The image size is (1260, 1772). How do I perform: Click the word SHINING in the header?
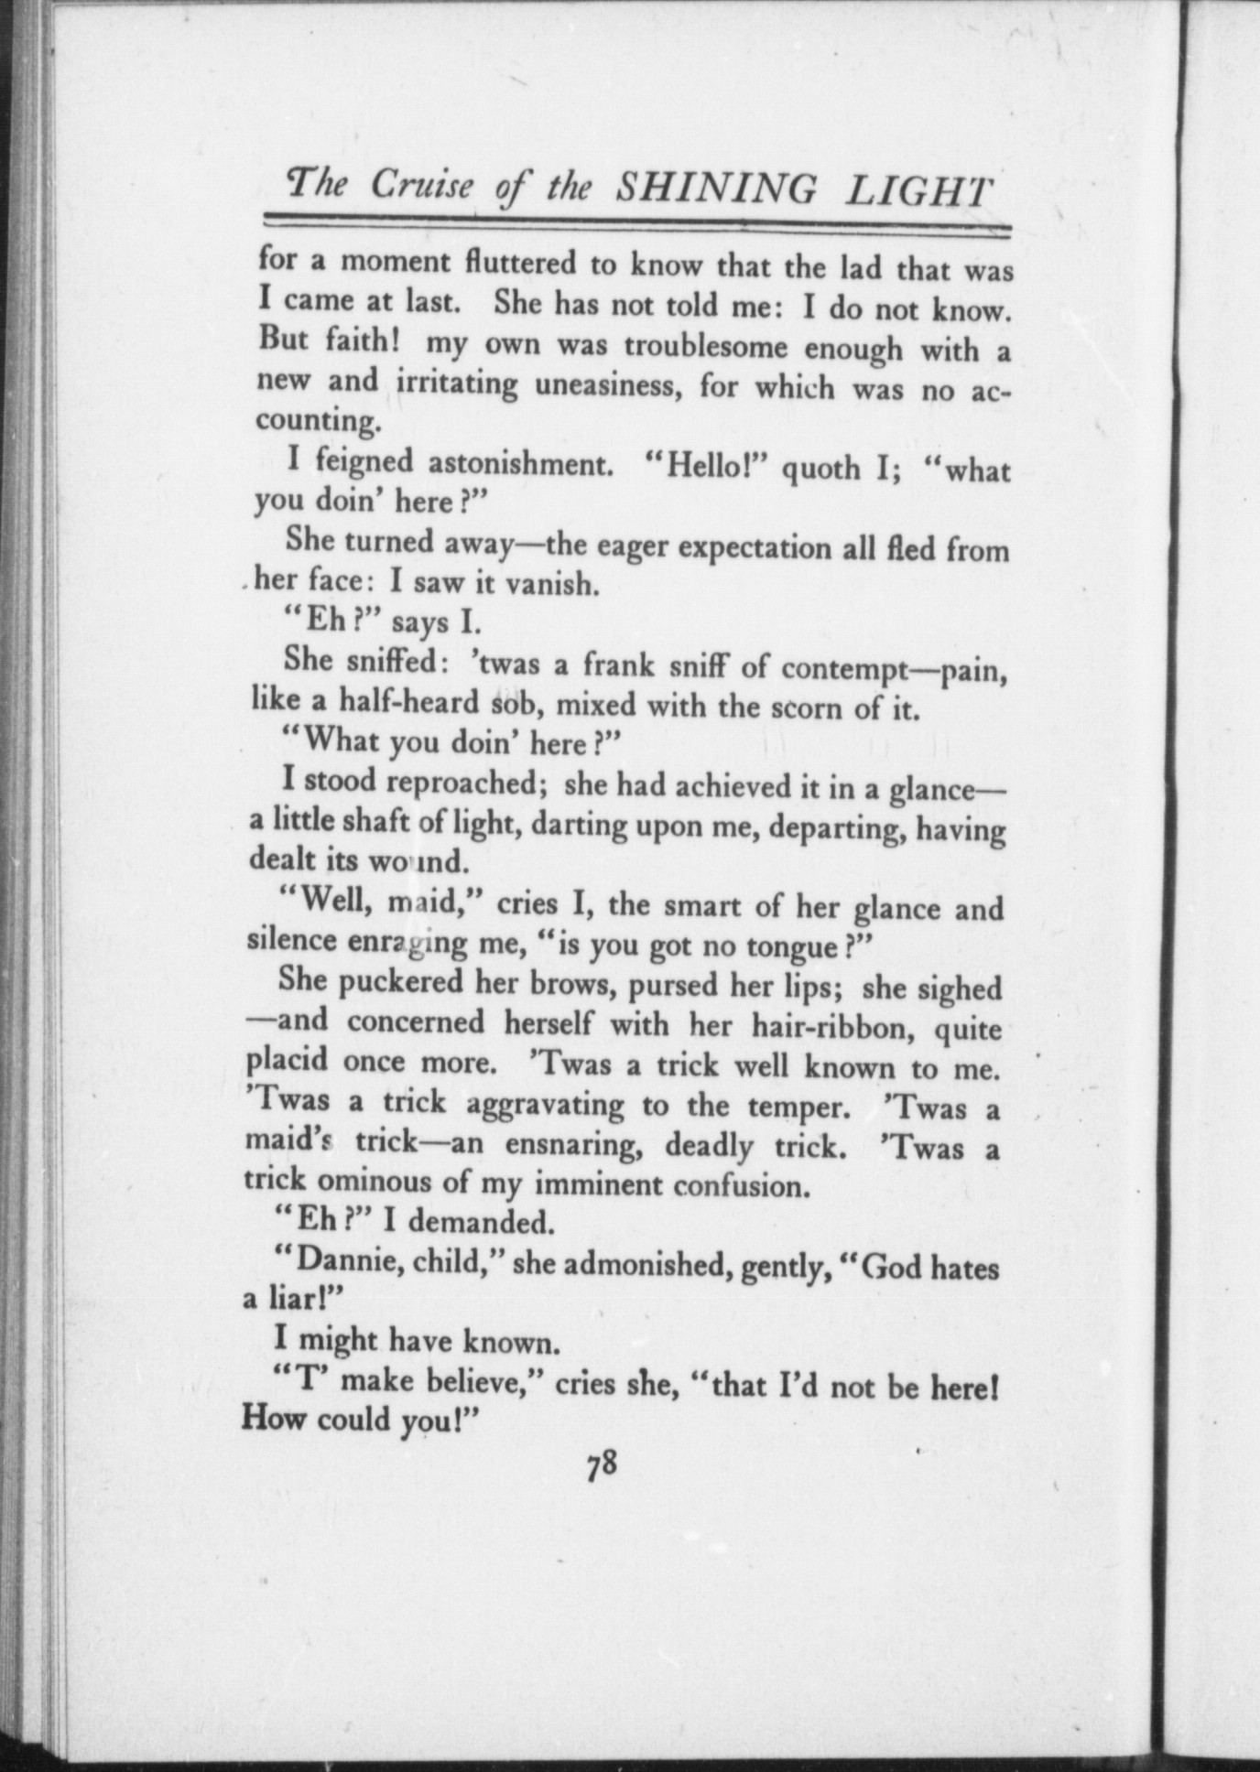click(715, 189)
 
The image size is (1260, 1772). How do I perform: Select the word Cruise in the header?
click(422, 186)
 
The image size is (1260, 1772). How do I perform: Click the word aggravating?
click(545, 1105)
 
